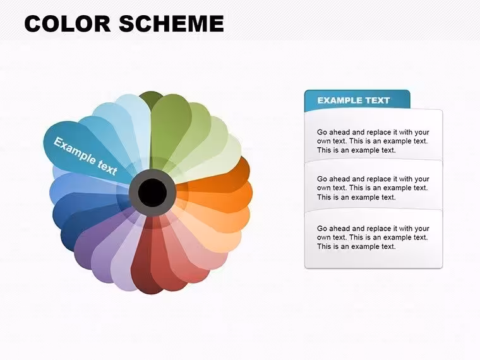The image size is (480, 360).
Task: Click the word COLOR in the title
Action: point(68,23)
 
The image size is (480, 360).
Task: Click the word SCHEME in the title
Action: point(171,23)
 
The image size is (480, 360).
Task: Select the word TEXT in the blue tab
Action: point(375,100)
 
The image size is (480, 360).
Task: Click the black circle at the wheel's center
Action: point(152,192)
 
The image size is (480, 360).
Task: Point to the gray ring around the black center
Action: point(133,192)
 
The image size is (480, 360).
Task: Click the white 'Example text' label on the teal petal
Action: point(85,157)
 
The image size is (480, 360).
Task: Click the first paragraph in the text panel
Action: point(373,141)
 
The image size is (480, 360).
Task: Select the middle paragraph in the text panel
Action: point(373,188)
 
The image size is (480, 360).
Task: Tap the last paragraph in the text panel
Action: point(373,237)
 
